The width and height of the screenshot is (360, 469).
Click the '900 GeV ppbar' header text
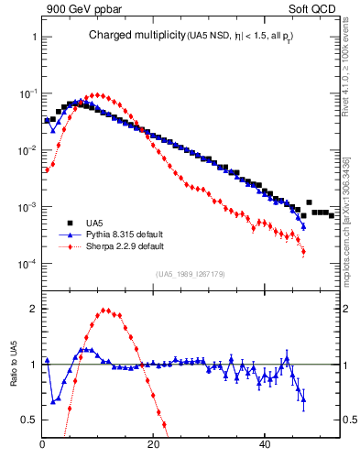pyautogui.click(x=82, y=10)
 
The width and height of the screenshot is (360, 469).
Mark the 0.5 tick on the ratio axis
pyautogui.click(x=27, y=420)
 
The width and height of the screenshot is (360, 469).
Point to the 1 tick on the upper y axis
pyautogui.click(x=33, y=37)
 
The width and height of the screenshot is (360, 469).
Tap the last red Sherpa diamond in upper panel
pyautogui.click(x=303, y=252)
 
